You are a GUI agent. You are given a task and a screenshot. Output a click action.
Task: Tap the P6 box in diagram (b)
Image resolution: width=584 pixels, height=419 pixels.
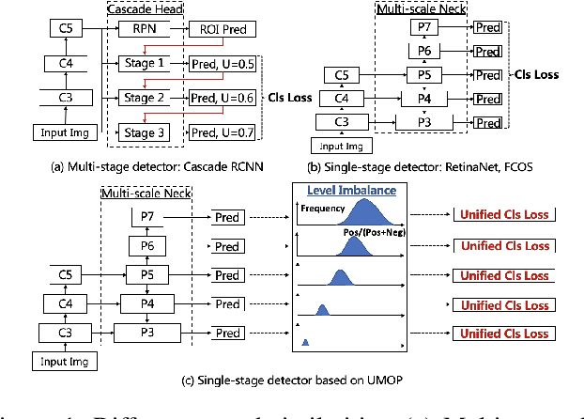pyautogui.click(x=425, y=51)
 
